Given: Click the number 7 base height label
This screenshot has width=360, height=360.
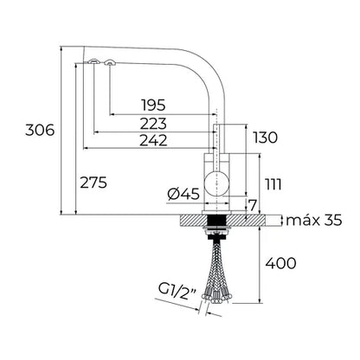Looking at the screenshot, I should (251, 204).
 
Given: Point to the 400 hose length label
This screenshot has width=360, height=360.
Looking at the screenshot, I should (285, 263).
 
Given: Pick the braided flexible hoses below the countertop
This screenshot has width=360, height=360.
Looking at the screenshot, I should (216, 268).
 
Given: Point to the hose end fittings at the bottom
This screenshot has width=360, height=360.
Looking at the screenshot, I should (216, 299).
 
